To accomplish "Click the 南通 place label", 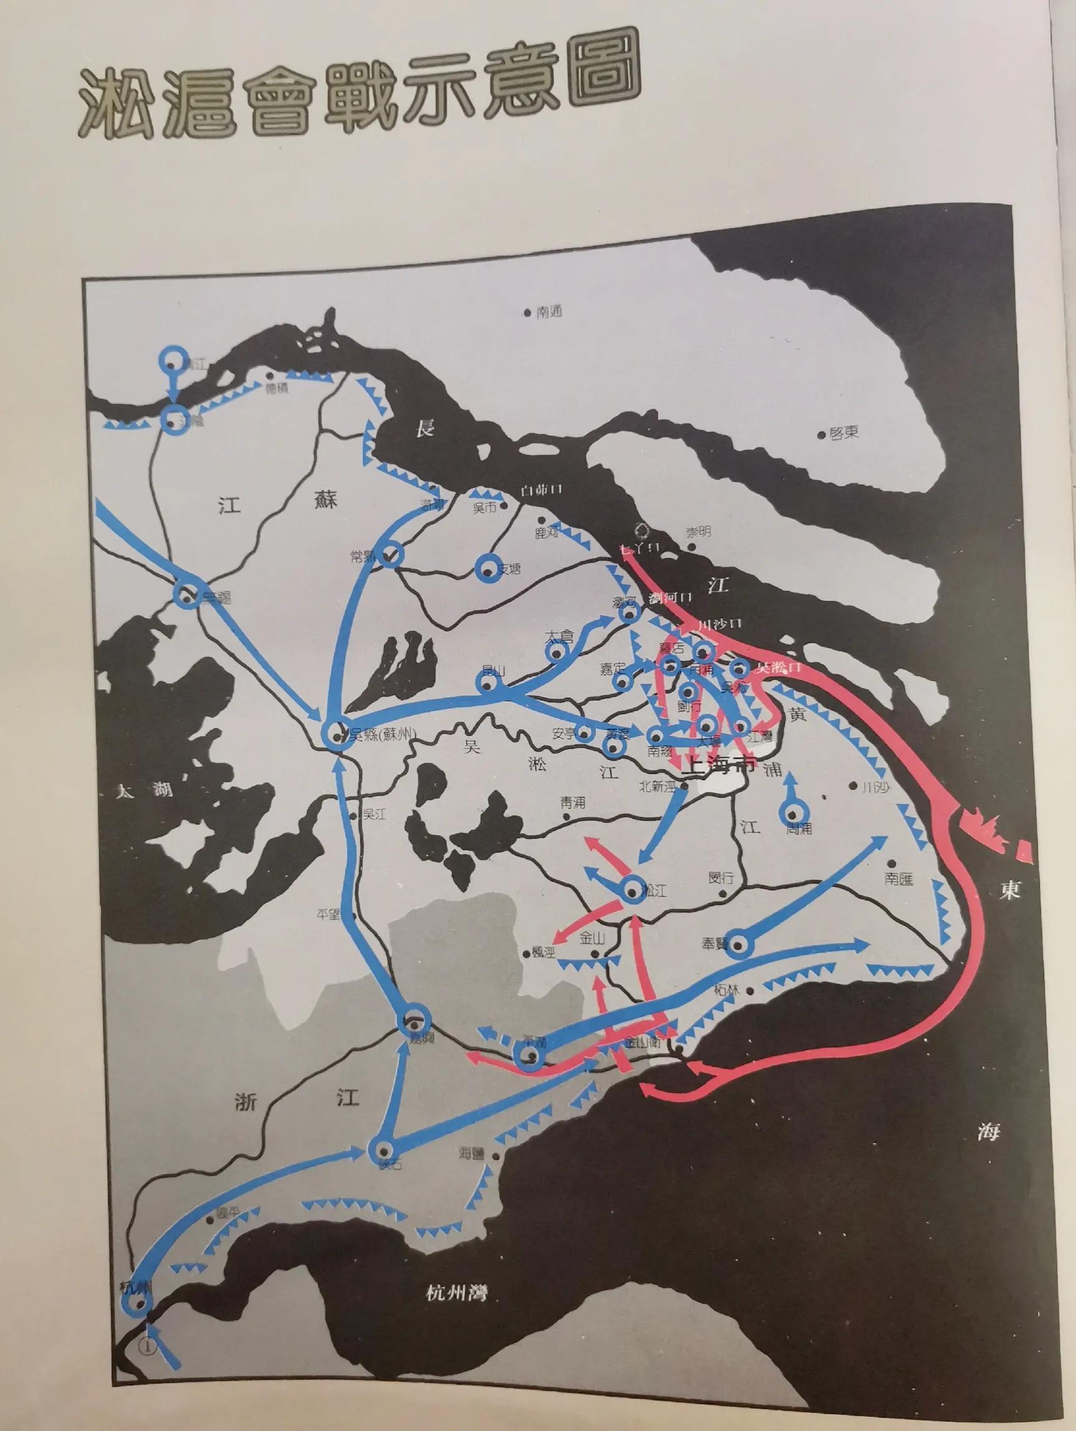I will tap(548, 312).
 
